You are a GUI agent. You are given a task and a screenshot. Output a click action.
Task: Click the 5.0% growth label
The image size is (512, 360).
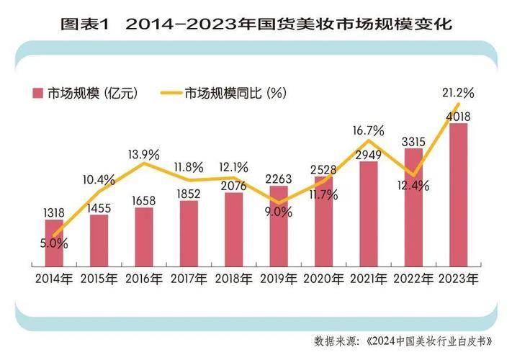(54, 243)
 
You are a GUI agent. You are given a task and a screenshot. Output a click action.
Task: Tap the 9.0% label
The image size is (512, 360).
(278, 212)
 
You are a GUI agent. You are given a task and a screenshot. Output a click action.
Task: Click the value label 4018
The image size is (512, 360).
(458, 115)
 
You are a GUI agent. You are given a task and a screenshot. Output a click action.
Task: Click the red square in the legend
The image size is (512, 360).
(37, 93)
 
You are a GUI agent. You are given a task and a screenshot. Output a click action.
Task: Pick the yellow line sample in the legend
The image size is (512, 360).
(167, 93)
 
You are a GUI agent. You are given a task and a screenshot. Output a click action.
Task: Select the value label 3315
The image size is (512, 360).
(413, 140)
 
